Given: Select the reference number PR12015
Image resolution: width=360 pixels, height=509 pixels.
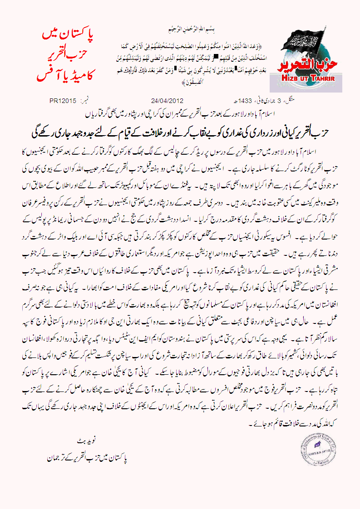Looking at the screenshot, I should (x=63, y=101).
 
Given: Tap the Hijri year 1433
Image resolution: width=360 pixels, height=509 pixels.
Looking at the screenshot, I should (x=232, y=101).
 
